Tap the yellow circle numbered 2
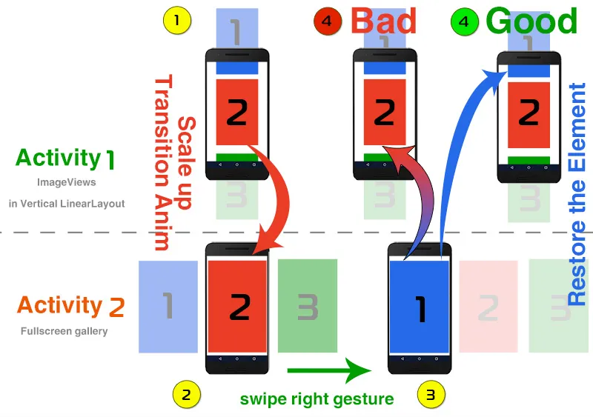click(x=186, y=394)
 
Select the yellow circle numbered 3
click(x=431, y=394)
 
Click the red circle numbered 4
click(x=327, y=21)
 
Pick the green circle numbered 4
click(x=464, y=21)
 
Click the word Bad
click(x=383, y=21)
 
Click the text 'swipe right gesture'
click(x=317, y=399)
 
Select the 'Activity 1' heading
click(x=65, y=158)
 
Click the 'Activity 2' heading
click(x=70, y=306)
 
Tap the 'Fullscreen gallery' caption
click(x=64, y=331)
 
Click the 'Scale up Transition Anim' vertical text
click(x=173, y=163)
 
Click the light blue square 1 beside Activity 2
click(x=168, y=306)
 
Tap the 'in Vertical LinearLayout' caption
click(x=67, y=203)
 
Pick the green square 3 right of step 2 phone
click(x=307, y=306)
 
